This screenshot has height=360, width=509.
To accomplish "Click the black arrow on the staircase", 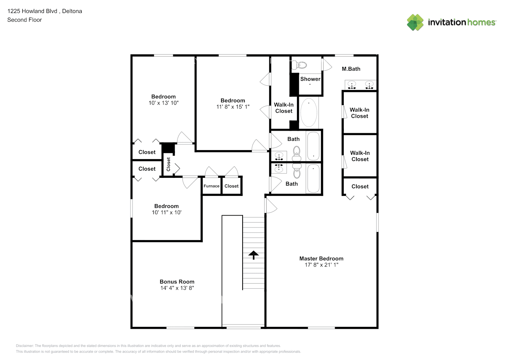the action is (253, 255).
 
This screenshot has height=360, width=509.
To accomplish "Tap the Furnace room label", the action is (211, 186).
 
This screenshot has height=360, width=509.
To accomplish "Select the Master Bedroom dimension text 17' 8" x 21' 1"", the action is (321, 265).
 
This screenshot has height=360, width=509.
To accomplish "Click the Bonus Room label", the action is (177, 282).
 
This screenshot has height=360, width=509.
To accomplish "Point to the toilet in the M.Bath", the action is (299, 65).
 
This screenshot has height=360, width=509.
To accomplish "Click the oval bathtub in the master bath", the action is (308, 112).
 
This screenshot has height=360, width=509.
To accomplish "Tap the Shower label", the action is (310, 79).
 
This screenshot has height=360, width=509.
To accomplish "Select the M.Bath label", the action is (351, 69).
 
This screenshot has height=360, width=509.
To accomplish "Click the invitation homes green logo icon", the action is (415, 22).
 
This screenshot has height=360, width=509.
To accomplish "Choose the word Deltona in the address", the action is (72, 11).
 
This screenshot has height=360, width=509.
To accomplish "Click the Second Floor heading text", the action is (24, 20).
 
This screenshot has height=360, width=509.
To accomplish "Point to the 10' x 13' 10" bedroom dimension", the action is (163, 103).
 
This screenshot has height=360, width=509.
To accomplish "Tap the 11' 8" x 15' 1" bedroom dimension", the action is (233, 107).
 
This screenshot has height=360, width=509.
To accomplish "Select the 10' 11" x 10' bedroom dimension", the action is (167, 212).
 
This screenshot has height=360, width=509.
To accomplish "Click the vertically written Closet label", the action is (168, 164).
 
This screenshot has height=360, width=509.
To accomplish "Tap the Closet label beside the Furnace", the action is (231, 186).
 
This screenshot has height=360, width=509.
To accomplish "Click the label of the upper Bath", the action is (293, 139).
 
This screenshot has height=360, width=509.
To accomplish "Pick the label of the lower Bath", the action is (292, 184).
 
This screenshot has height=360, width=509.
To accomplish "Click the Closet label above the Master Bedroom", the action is (360, 186).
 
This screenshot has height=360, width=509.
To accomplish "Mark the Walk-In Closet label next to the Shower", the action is (284, 108).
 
